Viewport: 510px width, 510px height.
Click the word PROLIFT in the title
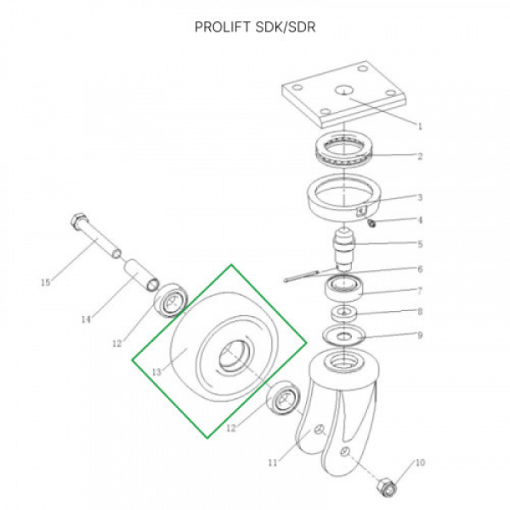click(223, 27)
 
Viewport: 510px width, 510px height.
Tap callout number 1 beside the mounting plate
click(420, 126)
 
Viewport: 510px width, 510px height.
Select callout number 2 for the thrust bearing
click(420, 156)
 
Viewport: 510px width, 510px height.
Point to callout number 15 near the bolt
click(46, 282)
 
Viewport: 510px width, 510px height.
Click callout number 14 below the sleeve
click(86, 320)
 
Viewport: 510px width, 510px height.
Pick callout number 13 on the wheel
click(156, 371)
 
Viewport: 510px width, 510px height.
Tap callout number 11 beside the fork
click(273, 462)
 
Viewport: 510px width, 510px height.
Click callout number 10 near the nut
click(420, 462)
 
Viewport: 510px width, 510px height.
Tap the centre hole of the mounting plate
click(343, 90)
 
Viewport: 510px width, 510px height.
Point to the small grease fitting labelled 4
click(371, 223)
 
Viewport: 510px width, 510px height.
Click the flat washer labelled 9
click(343, 336)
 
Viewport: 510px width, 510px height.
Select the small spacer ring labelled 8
click(343, 313)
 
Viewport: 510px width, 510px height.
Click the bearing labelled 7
click(344, 288)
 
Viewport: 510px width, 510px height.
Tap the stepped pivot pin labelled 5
click(343, 249)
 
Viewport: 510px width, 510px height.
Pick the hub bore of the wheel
click(233, 355)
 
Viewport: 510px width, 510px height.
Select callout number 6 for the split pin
click(420, 269)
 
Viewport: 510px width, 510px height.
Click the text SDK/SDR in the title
click(286, 27)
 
